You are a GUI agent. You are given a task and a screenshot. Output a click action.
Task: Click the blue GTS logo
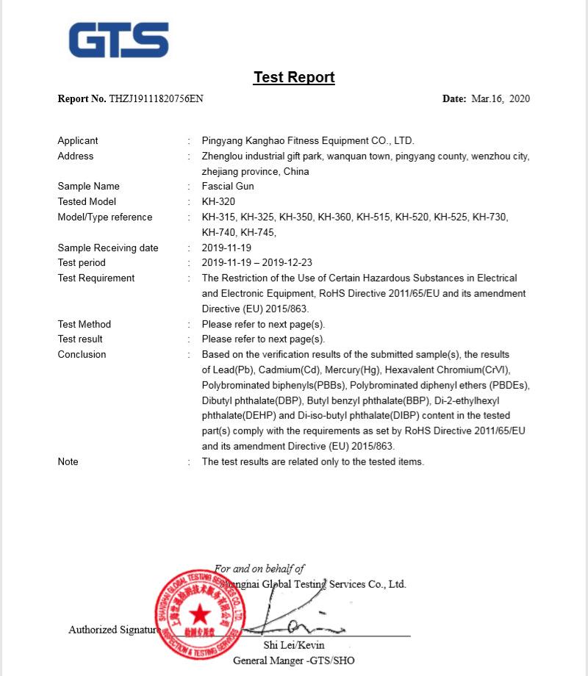[x=119, y=40]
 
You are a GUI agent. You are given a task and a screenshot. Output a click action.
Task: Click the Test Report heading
[x=294, y=77]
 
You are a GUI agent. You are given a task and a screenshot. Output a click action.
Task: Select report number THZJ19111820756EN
[x=156, y=98]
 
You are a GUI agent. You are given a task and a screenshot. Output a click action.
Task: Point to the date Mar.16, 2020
[x=500, y=98]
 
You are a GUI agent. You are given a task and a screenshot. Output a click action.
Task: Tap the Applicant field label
[x=78, y=140]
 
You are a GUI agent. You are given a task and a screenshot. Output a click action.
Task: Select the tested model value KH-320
[x=218, y=201]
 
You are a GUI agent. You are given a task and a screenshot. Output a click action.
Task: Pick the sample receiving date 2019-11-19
[x=226, y=248]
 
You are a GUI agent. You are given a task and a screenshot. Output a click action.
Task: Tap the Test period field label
[x=82, y=262]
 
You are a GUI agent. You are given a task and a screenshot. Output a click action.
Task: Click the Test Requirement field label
[x=96, y=278]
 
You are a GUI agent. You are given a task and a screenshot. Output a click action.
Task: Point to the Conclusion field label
[x=82, y=354]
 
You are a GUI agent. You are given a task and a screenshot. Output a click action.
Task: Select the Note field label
[x=68, y=461]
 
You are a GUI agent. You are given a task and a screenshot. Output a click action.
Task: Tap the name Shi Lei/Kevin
[x=294, y=645]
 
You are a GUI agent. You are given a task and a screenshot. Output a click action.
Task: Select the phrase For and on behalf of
[x=259, y=569]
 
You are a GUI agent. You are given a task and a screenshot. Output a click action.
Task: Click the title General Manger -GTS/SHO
[x=294, y=661]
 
